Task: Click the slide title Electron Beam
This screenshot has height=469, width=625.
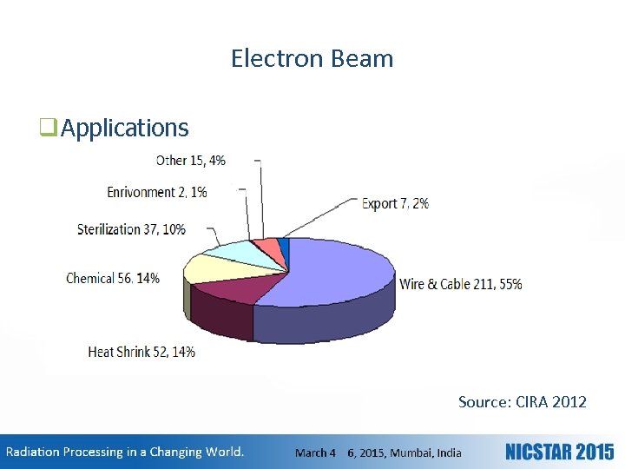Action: coord(312,58)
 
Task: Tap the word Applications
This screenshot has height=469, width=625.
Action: coord(125,128)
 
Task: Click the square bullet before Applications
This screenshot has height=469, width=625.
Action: coord(48,129)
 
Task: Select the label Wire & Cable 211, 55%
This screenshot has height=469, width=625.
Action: coord(460,284)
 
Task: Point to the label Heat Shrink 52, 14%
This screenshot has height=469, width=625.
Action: coord(141,352)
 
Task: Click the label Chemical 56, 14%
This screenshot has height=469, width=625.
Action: coord(112,279)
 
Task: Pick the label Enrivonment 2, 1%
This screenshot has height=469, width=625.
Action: coord(156,192)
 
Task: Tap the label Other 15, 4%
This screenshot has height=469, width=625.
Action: coord(190,160)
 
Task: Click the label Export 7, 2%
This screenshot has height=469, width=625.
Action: coord(395,203)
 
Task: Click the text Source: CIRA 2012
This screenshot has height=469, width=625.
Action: coord(522,402)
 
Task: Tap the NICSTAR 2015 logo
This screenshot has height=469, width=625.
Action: coord(559,452)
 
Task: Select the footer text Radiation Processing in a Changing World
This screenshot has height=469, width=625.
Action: coord(126,452)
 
